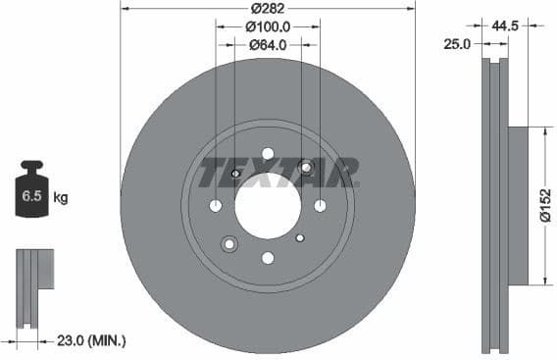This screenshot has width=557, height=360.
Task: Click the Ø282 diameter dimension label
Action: coord(268,8)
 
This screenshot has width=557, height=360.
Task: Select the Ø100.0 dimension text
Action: coord(268,26)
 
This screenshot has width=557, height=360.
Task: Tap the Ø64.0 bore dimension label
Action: coord(267,44)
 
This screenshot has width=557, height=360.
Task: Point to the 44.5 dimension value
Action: coord(505,26)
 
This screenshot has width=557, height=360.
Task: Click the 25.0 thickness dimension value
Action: coord(457,43)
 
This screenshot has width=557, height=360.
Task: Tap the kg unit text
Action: coord(61,198)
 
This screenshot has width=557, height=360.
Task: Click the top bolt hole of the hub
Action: coord(268,153)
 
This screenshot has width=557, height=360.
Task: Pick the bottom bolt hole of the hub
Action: coord(268,257)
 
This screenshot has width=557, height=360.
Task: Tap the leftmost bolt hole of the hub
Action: coord(216,205)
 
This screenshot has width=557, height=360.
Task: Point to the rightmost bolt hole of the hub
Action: coord(320,205)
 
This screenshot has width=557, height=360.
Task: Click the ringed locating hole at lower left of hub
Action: coord(229,243)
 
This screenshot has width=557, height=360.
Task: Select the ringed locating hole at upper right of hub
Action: coord(306,168)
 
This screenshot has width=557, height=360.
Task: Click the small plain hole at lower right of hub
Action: coord(301,235)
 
